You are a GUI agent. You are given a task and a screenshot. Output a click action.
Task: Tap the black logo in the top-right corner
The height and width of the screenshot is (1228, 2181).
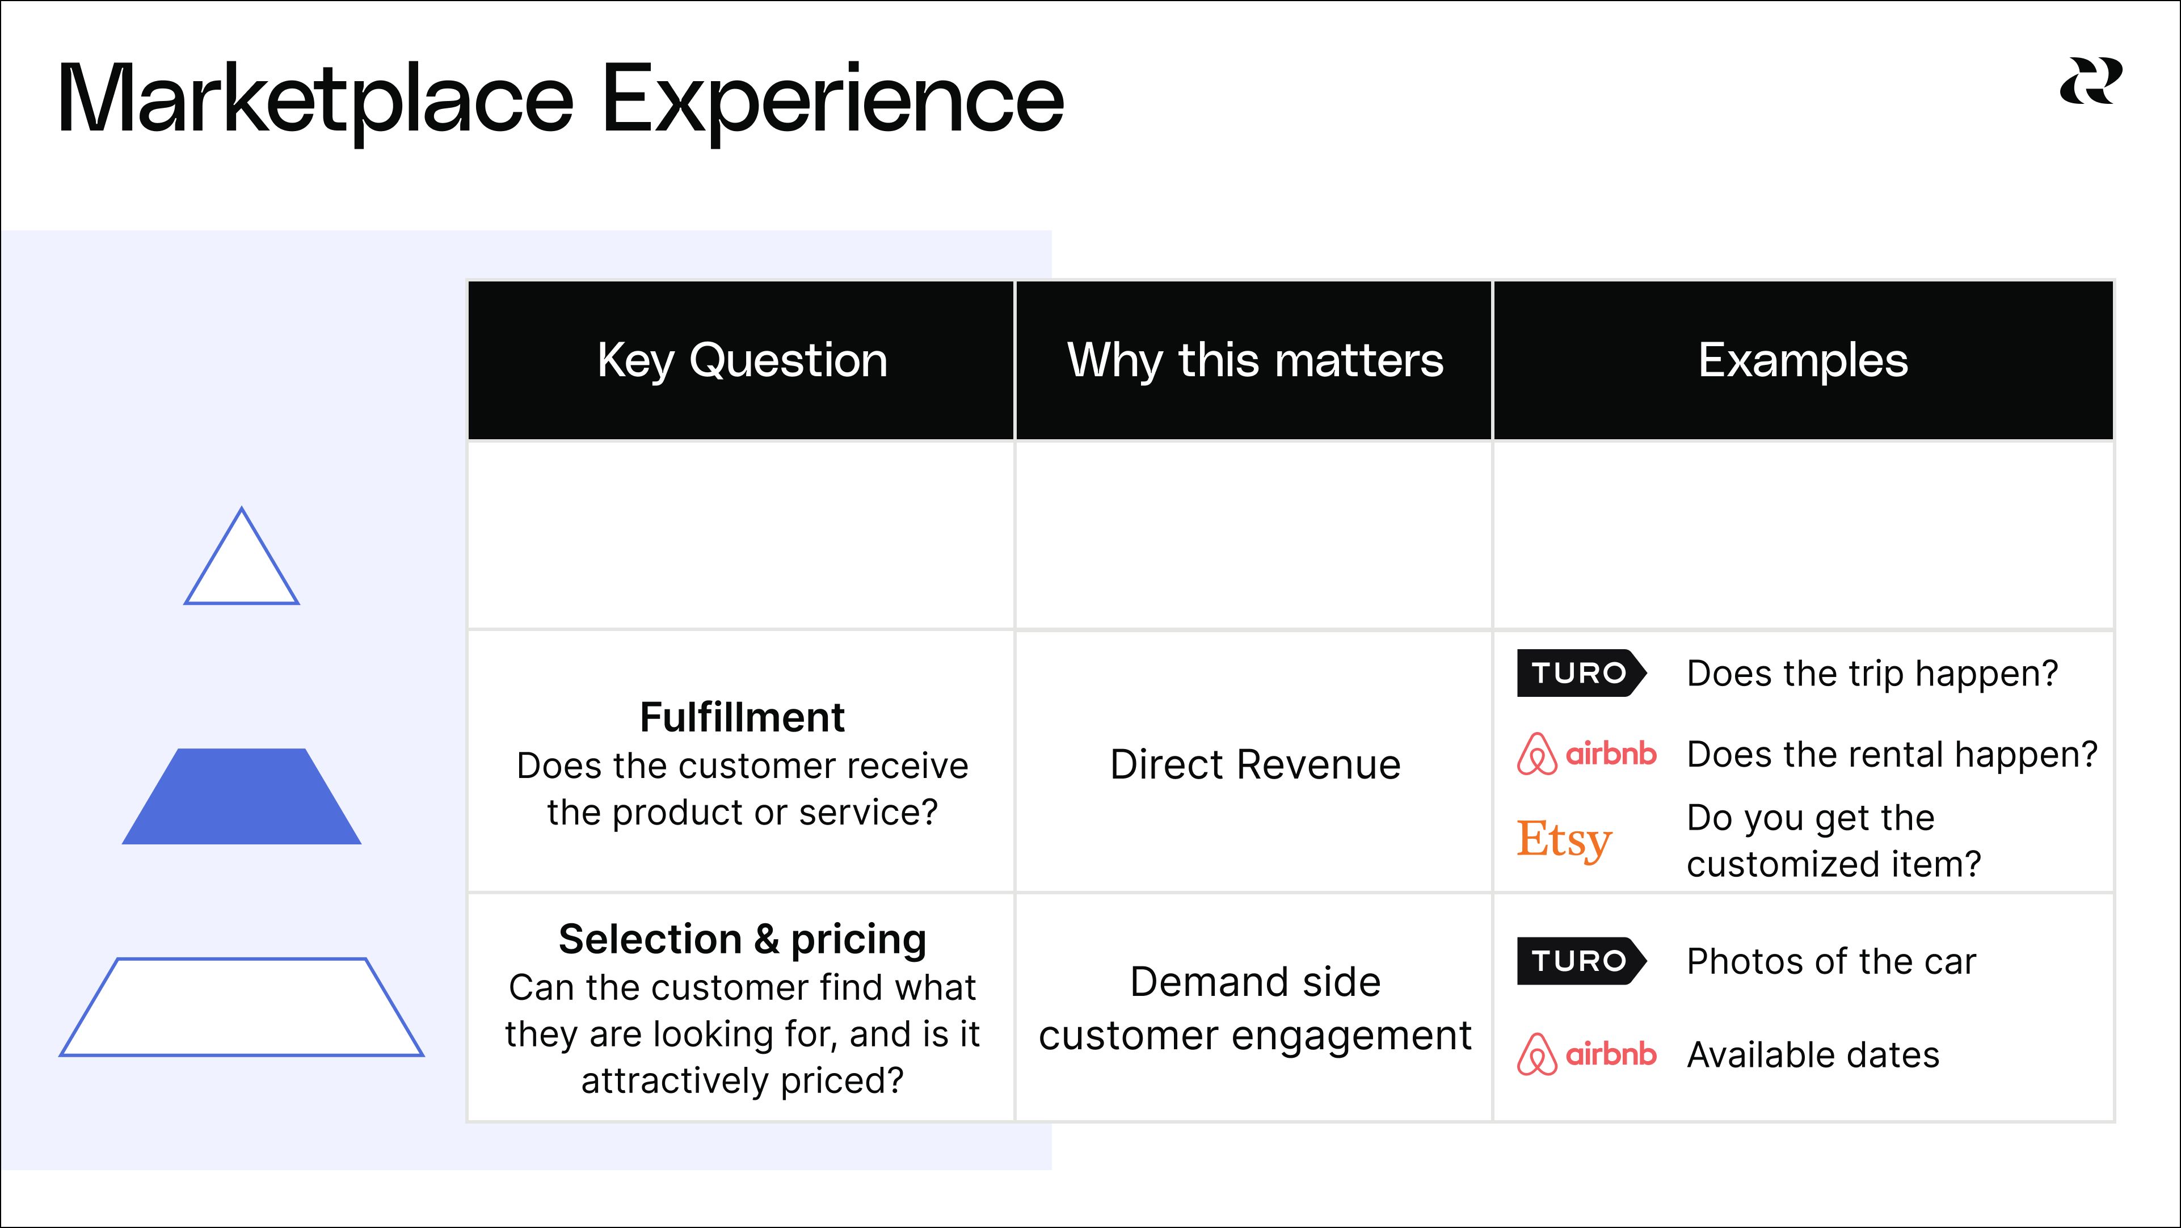2090,81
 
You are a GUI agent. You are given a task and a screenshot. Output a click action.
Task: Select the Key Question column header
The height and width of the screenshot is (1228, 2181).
742,361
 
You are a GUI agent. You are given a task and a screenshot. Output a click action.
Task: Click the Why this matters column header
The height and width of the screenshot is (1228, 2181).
1254,361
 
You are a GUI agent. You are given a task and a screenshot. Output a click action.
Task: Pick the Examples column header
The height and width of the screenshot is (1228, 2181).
1803,361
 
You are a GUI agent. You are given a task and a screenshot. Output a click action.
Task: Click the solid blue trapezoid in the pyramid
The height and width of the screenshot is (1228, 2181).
242,796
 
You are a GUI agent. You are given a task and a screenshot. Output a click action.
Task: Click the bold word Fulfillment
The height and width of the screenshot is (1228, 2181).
742,717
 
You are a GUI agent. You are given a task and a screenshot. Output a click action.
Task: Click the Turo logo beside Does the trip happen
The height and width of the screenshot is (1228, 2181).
1581,673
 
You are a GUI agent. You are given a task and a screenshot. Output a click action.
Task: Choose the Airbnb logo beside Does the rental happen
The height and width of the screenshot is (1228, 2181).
1586,754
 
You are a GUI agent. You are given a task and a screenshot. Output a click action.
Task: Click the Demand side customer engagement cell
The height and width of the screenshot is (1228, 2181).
1254,1008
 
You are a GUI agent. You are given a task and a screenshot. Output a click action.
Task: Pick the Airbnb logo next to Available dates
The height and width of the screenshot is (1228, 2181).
1586,1054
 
